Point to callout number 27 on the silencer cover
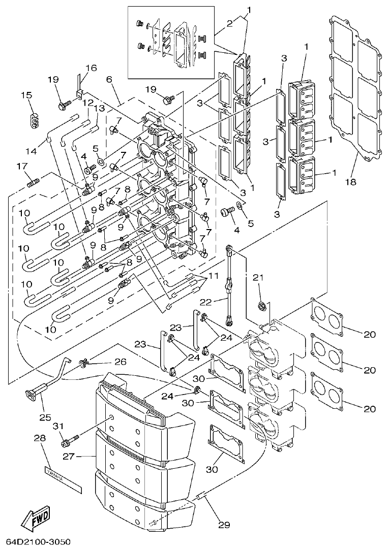coord(69,456)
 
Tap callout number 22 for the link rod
coord(219,302)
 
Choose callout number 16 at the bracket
coord(91,68)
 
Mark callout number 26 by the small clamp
coord(120,362)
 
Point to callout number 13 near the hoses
coord(99,108)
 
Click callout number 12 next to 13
coord(88,103)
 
